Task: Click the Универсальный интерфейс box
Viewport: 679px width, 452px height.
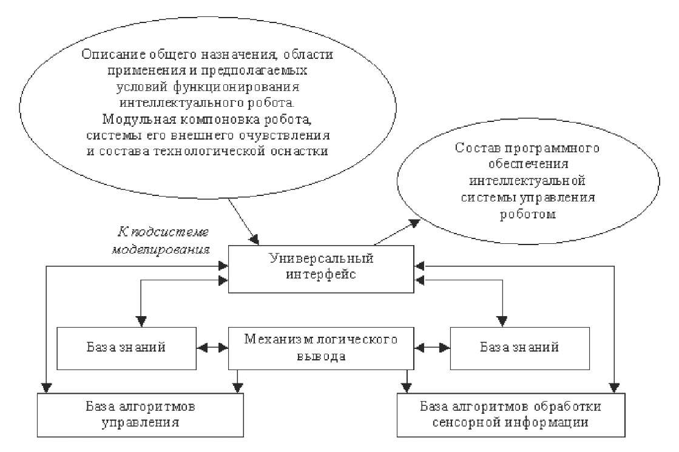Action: tap(320, 267)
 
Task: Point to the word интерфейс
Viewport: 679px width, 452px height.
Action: tap(321, 275)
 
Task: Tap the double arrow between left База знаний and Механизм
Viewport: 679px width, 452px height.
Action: tap(212, 348)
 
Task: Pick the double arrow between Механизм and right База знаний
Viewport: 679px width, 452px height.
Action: tap(431, 348)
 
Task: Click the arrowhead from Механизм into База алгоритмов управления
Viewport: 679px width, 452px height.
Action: tap(240, 386)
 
